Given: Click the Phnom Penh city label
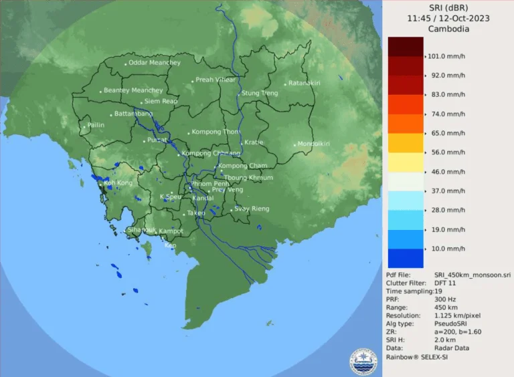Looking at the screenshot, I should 210,183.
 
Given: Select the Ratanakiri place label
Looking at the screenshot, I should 305,83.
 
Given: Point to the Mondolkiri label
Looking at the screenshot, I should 313,144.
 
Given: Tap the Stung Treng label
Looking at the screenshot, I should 259,93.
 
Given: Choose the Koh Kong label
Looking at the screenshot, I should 118,182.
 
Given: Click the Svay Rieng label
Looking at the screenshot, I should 251,209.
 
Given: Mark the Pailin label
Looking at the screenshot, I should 96,125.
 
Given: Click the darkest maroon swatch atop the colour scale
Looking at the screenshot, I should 405,46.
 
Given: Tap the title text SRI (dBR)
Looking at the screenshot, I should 448,7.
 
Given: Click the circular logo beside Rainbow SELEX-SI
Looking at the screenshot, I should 364,361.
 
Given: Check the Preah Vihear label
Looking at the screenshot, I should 215,80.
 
